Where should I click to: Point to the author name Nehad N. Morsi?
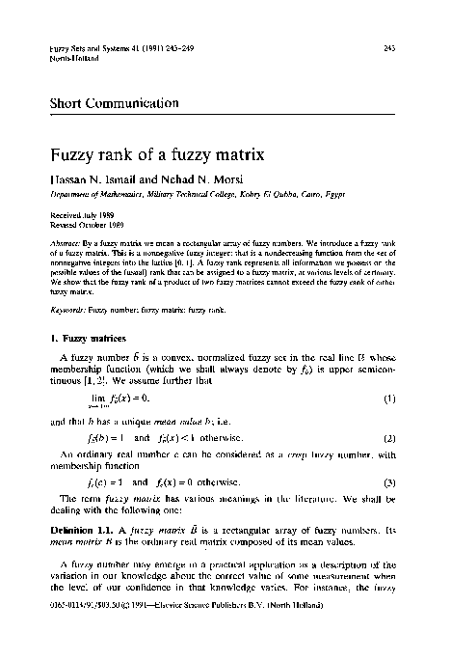(x=186, y=179)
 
